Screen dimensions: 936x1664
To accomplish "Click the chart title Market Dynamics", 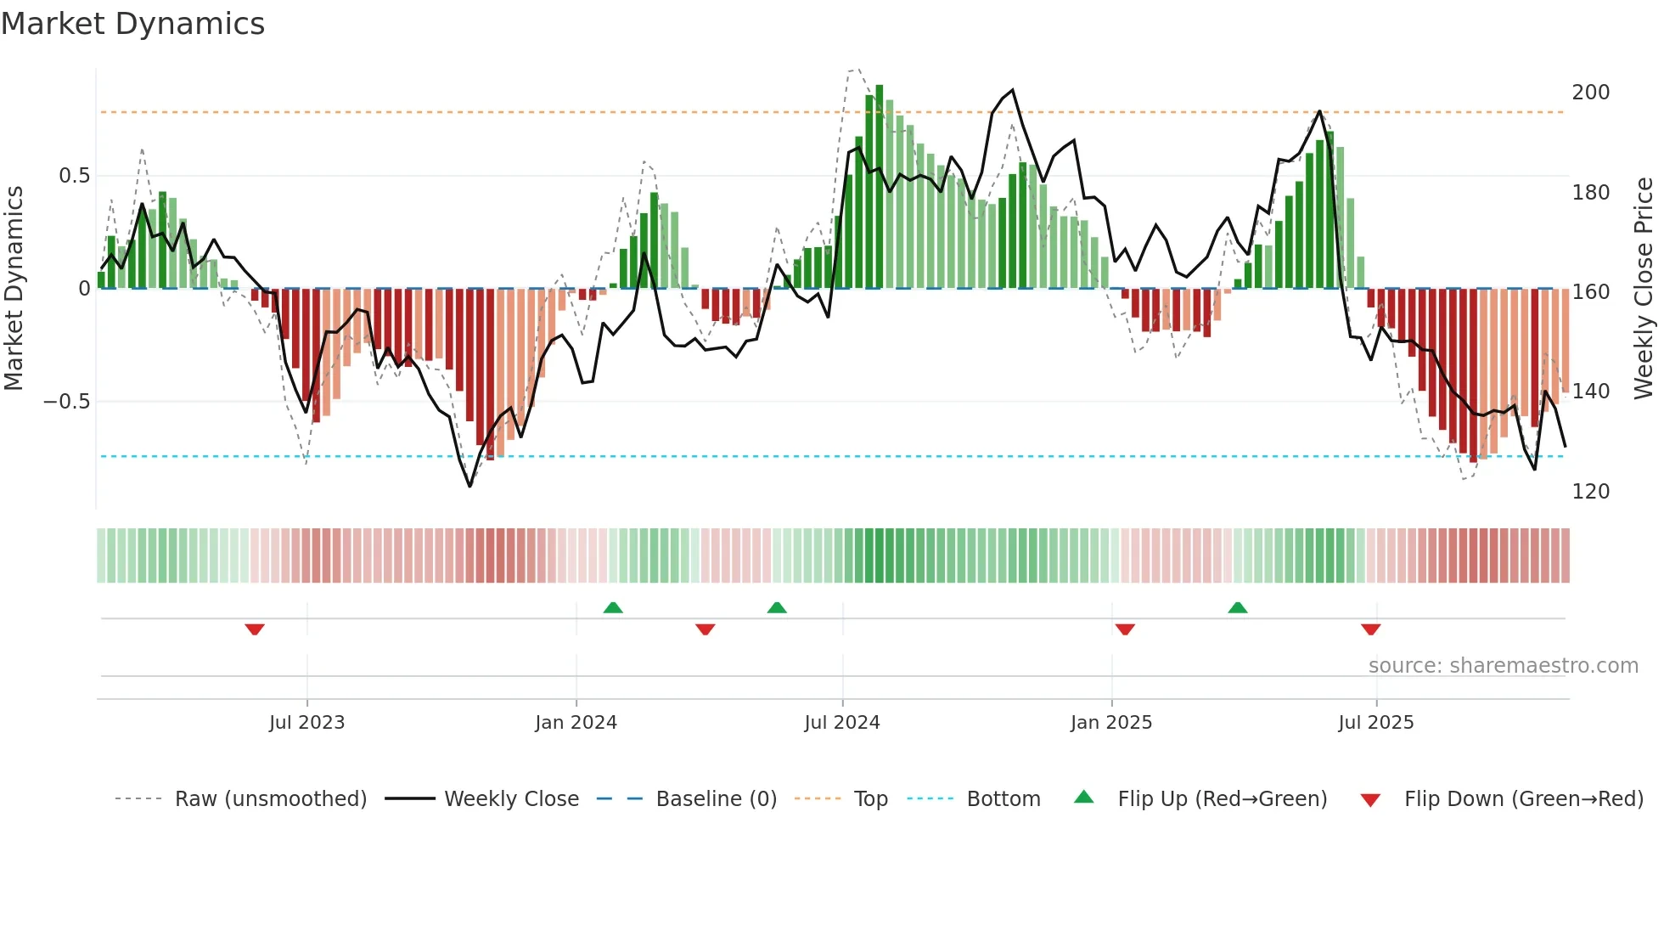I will pos(133,24).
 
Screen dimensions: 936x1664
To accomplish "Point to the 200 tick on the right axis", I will pos(1590,93).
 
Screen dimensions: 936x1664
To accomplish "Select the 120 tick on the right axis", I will pos(1590,492).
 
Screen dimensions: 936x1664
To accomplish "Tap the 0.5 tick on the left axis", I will pos(74,176).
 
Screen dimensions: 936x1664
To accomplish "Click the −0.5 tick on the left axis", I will pos(67,402).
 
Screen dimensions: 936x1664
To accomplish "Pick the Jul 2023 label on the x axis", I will pos(306,723).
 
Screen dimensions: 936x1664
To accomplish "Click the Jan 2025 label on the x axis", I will pos(1110,723).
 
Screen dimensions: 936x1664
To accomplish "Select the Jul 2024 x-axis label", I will pos(841,723).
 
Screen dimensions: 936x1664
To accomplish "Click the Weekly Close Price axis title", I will pos(1644,289).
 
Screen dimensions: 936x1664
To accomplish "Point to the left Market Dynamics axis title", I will pos(14,289).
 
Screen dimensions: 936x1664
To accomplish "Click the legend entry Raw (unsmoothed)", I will pos(270,799).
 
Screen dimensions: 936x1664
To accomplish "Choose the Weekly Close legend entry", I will pos(511,799).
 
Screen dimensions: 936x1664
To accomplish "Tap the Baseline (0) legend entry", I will pos(716,799).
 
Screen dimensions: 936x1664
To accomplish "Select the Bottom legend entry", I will pos(1003,799).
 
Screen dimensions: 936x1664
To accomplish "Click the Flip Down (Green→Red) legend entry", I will pos(1523,799).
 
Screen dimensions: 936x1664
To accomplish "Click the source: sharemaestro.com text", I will pos(1503,666).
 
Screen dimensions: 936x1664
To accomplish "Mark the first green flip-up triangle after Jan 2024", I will pos(613,607).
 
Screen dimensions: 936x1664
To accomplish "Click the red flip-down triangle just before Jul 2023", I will pos(255,629).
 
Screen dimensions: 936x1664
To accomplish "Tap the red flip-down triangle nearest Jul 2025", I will pos(1370,629).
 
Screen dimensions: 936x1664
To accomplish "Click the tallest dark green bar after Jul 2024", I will pos(880,187).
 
